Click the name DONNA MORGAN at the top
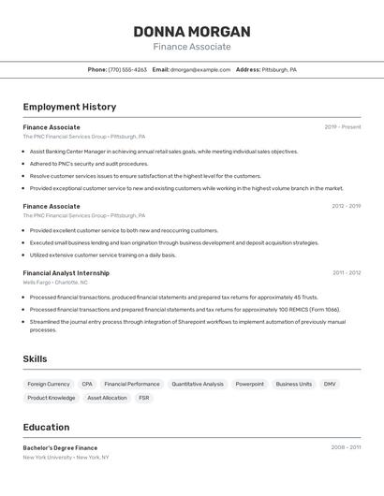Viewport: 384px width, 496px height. [x=191, y=31]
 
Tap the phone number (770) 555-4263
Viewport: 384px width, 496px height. [x=127, y=69]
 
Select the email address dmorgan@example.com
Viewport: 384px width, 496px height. [x=200, y=69]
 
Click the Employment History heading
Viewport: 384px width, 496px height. [x=69, y=107]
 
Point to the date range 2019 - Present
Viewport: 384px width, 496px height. [x=343, y=126]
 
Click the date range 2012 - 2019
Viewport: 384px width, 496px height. [x=346, y=206]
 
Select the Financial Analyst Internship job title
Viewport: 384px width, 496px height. [x=66, y=273]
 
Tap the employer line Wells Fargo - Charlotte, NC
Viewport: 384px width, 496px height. [x=55, y=282]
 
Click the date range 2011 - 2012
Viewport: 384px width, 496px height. [x=347, y=273]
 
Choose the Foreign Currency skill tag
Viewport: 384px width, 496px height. [x=49, y=384]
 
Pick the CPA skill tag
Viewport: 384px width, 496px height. [x=87, y=384]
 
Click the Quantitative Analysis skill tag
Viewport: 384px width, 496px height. [x=198, y=384]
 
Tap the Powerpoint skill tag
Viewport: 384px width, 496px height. [x=249, y=384]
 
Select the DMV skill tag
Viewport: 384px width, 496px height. [x=330, y=384]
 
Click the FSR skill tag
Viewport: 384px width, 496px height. [x=143, y=398]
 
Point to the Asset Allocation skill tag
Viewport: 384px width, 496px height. [x=107, y=398]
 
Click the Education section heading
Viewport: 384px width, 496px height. [x=46, y=428]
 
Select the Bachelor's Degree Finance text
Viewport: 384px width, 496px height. [x=60, y=447]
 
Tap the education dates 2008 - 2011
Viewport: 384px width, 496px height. [x=346, y=447]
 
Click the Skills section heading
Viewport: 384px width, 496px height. [x=35, y=358]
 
